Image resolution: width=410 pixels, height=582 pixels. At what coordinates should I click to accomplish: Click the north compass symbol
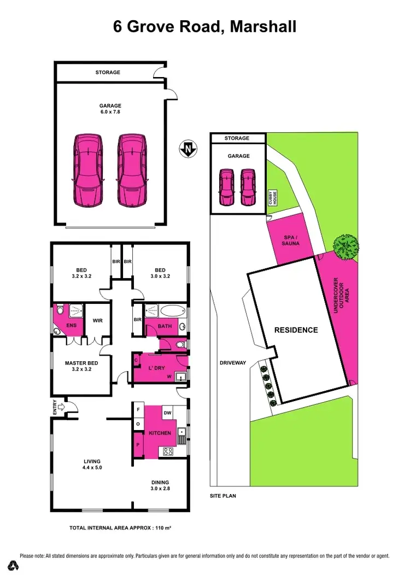coord(188,148)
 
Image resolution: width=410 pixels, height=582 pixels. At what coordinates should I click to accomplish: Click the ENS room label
coord(71,326)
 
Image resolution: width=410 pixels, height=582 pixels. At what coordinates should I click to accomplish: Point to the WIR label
coord(98,321)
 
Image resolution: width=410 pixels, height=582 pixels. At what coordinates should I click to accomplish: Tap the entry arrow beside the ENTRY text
coord(62,407)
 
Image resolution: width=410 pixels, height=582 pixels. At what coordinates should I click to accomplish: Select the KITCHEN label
coord(160,433)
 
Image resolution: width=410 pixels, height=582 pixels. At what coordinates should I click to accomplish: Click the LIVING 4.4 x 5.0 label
coord(91,465)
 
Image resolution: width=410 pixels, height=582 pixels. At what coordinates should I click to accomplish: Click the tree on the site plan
coord(345,246)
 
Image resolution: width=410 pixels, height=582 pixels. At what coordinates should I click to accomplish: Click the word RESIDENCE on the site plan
coord(296,330)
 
